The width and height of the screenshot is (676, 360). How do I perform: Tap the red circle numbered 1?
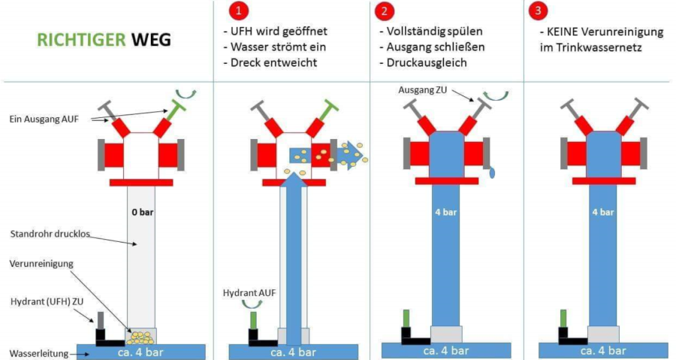[x=237, y=11]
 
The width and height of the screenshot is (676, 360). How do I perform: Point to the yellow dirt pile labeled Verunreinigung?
[x=140, y=336]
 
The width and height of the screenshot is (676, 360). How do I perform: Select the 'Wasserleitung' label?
[x=38, y=353]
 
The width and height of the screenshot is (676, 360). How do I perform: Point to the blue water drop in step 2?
[x=493, y=172]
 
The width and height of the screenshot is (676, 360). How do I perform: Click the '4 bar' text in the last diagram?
[x=602, y=212]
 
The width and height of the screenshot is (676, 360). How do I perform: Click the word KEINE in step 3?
[x=560, y=32]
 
